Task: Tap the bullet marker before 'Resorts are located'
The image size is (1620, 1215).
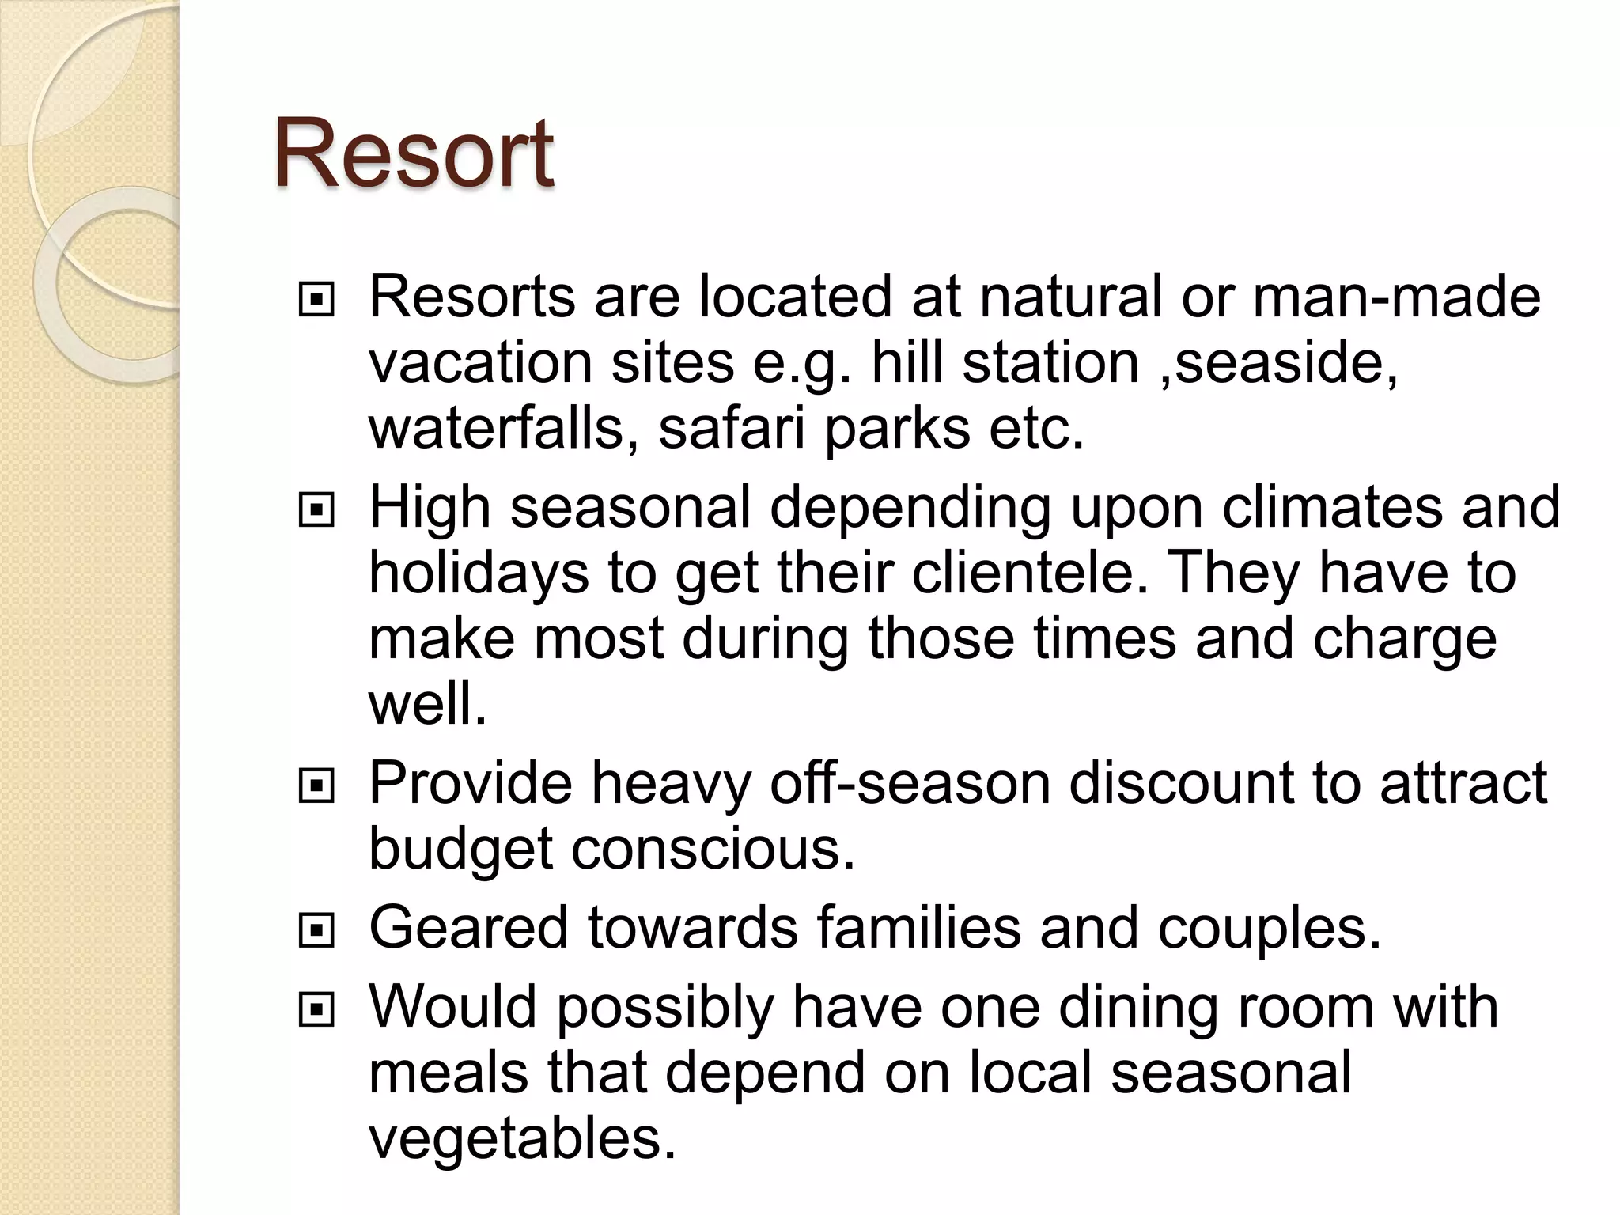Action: pyautogui.click(x=316, y=301)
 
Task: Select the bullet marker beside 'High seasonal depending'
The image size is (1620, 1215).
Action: pyautogui.click(x=316, y=511)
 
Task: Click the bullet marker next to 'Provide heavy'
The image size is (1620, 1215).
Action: pyautogui.click(x=316, y=786)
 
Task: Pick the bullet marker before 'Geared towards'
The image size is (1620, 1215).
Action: pyautogui.click(x=316, y=931)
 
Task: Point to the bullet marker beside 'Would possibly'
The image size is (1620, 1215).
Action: pyautogui.click(x=316, y=1010)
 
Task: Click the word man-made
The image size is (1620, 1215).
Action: pyautogui.click(x=1396, y=297)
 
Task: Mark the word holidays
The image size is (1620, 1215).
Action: pyautogui.click(x=479, y=573)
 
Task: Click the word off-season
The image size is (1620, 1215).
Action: pyautogui.click(x=910, y=783)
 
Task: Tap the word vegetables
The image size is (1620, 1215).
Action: pyautogui.click(x=522, y=1139)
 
